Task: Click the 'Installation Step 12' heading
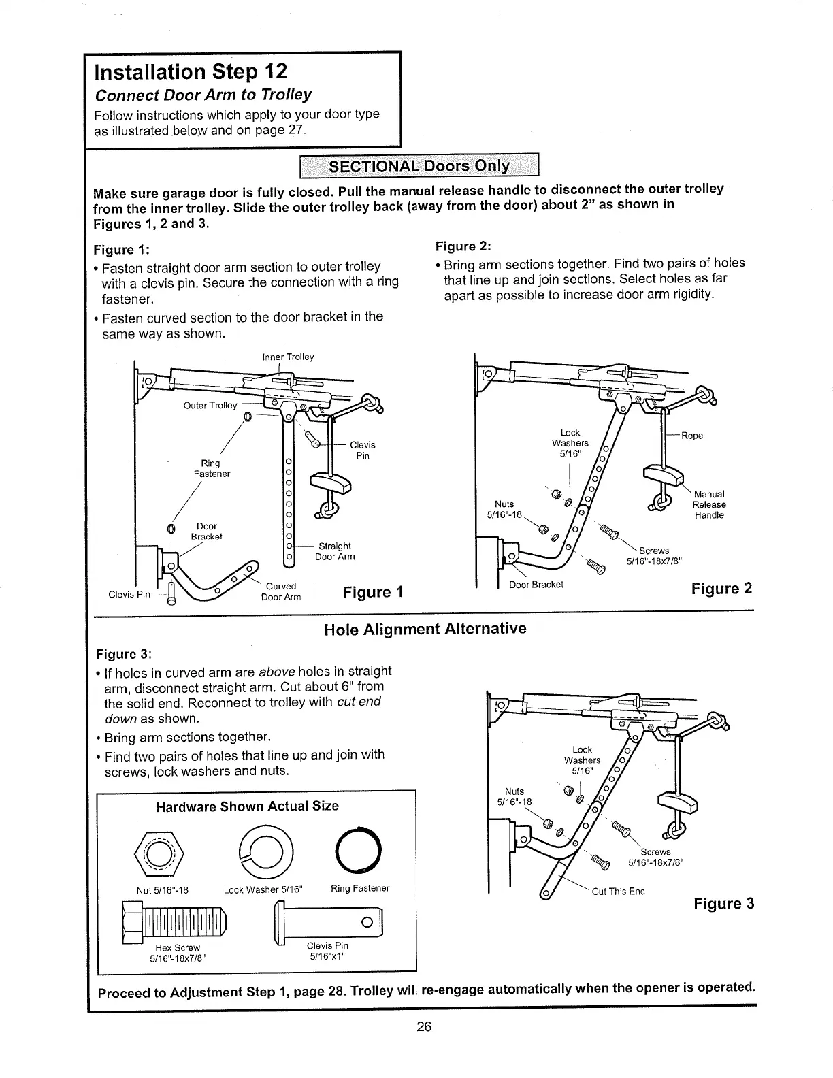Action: [191, 71]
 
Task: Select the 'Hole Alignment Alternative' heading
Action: [425, 628]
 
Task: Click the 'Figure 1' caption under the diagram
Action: [373, 591]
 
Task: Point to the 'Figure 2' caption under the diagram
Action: [721, 588]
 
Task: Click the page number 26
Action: [425, 1027]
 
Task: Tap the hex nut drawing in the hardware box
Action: [161, 851]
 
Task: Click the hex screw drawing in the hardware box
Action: [174, 921]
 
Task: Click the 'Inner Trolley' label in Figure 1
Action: [288, 357]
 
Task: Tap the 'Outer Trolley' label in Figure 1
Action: [210, 406]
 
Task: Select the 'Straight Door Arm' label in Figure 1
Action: [335, 551]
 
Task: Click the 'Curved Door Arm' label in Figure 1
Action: [281, 591]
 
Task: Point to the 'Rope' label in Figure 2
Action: [692, 436]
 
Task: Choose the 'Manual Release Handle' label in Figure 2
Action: [709, 504]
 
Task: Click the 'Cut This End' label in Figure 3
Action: [618, 892]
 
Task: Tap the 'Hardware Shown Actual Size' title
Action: [248, 806]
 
